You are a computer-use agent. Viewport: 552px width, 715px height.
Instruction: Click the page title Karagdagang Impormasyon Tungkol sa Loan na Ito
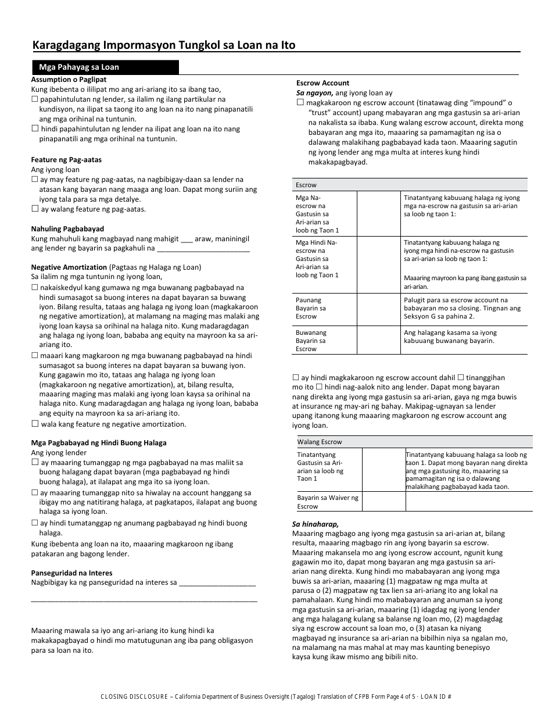click(x=164, y=45)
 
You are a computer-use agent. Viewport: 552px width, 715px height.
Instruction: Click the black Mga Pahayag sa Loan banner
click(x=105, y=67)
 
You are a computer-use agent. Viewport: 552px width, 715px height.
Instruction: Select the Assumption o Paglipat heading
click(x=69, y=79)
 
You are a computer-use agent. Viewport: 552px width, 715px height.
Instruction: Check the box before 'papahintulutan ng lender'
click(x=35, y=99)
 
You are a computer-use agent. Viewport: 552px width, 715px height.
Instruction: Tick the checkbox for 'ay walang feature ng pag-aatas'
click(x=35, y=209)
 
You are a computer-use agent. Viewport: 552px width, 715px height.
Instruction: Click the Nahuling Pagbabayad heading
click(x=67, y=229)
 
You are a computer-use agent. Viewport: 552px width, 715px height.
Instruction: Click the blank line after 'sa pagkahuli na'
click(x=203, y=248)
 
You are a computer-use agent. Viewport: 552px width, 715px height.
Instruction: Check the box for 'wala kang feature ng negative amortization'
click(x=35, y=424)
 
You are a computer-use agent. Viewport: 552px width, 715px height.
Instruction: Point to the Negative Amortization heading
click(x=69, y=267)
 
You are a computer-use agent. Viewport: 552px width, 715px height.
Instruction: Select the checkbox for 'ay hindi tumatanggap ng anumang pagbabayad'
click(x=35, y=523)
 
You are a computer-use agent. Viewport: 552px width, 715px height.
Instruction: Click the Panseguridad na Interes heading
click(x=71, y=573)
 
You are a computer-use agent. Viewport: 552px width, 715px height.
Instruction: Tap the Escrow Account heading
click(x=322, y=83)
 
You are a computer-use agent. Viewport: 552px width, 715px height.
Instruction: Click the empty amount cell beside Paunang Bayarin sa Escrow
click(x=378, y=308)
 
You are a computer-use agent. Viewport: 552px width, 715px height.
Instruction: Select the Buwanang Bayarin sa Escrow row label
click(x=311, y=341)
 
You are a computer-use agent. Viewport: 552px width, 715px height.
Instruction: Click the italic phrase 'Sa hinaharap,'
click(x=315, y=524)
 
